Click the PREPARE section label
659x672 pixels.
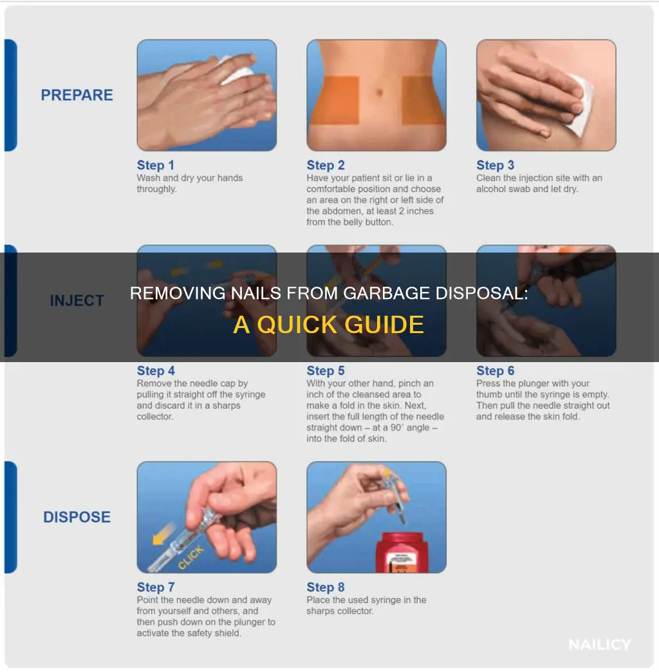[x=77, y=95]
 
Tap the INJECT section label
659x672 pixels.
[x=77, y=300]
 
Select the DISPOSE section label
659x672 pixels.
[x=77, y=517]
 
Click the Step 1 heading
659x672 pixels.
[x=156, y=165]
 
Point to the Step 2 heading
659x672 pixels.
[x=326, y=165]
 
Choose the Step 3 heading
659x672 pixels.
[x=496, y=165]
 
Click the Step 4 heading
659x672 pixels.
[x=156, y=370]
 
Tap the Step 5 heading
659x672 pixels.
[x=326, y=370]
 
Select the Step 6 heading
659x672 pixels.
[x=496, y=370]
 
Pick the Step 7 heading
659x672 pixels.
[x=156, y=587]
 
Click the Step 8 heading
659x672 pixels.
[x=326, y=587]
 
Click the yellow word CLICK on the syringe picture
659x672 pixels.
[x=191, y=558]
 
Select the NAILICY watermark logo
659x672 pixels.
[x=600, y=644]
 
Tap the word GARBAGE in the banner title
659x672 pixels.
[x=386, y=293]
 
